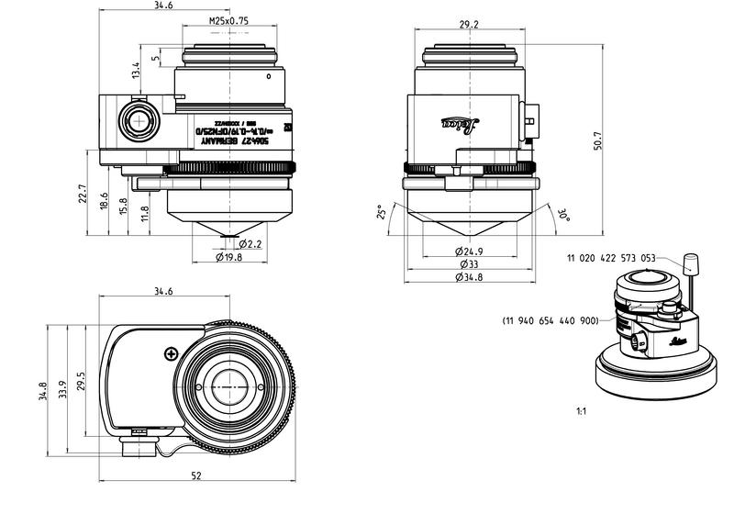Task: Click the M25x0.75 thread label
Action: [x=229, y=20]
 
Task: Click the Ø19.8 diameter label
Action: [x=228, y=258]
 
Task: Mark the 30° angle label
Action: [x=563, y=216]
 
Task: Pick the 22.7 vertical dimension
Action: [x=82, y=196]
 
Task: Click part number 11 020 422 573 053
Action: [x=612, y=259]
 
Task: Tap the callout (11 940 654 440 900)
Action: [x=550, y=321]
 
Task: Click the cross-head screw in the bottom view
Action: [x=169, y=353]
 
